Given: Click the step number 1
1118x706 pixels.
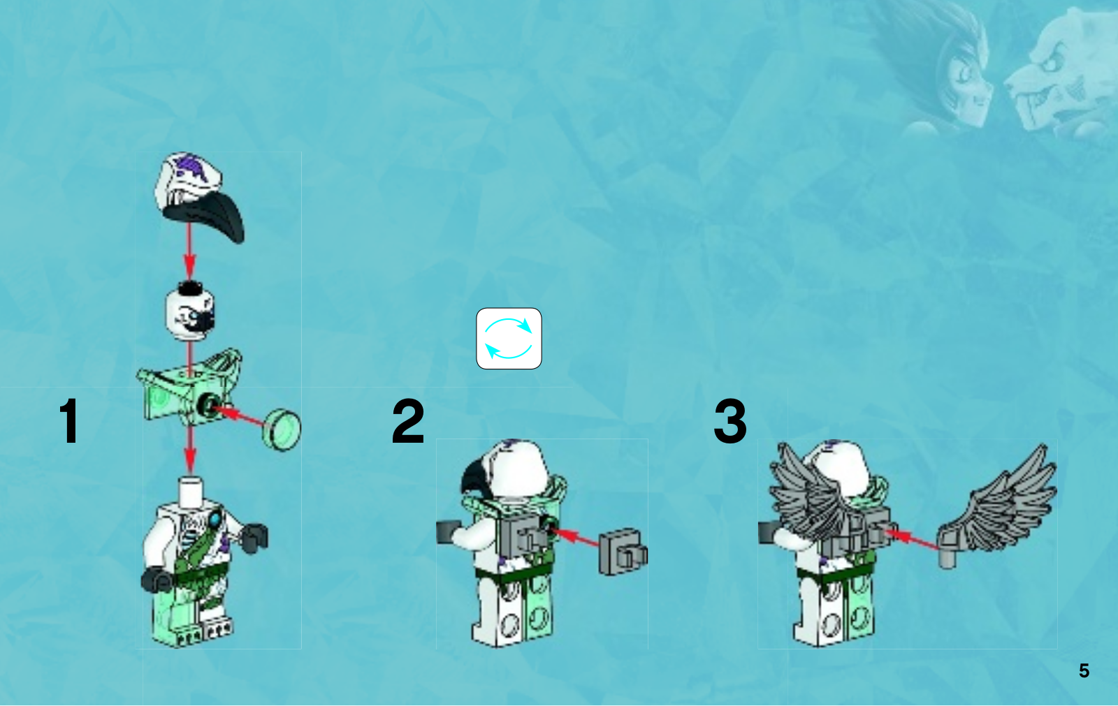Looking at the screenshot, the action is click(x=70, y=420).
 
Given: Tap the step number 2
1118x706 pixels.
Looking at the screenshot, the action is click(x=408, y=420).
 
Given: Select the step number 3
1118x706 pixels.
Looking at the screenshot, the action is click(x=730, y=420).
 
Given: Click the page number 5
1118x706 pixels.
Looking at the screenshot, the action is click(x=1084, y=670).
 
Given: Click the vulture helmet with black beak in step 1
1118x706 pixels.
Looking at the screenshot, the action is click(x=199, y=198).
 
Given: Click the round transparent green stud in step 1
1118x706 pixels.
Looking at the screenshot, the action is click(x=282, y=429).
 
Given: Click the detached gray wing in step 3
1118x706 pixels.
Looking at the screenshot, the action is click(x=996, y=506).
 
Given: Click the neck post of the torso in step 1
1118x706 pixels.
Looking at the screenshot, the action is click(x=190, y=491).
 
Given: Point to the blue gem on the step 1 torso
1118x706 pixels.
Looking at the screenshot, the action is click(x=216, y=520).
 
